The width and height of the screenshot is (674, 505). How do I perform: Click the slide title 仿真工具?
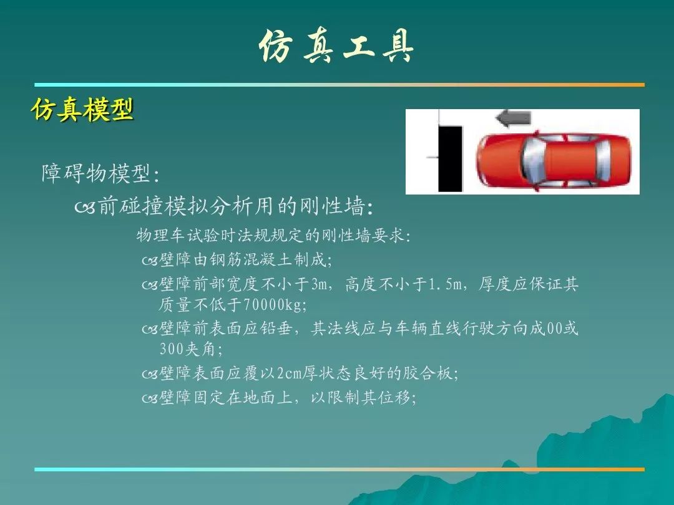(336, 46)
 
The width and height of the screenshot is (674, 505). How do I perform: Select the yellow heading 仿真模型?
(82, 109)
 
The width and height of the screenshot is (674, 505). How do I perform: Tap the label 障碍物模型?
(100, 173)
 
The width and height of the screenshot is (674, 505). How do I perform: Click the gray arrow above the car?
(513, 118)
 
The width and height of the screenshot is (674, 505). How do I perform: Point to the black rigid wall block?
(450, 158)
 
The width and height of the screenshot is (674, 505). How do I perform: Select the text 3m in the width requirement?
(320, 284)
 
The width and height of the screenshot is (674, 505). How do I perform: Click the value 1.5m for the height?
(445, 284)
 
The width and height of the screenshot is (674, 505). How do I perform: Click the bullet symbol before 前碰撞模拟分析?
(84, 208)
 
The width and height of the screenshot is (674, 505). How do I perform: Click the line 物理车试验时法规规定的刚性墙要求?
(273, 235)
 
